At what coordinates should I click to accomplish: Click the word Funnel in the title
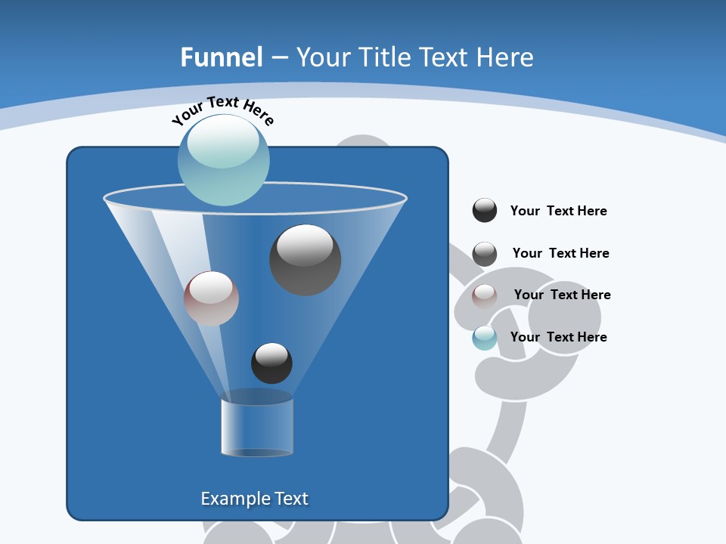[221, 57]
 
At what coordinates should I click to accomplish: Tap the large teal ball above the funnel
[223, 159]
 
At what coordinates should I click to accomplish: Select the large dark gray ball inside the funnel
[305, 259]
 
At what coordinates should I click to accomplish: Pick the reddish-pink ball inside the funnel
[211, 298]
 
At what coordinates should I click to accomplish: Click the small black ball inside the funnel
[271, 363]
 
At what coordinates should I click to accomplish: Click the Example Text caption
[254, 499]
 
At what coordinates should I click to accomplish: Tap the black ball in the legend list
[485, 211]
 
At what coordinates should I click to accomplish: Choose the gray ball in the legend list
[485, 253]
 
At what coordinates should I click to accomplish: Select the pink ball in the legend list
[485, 295]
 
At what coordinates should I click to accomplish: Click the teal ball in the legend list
[485, 338]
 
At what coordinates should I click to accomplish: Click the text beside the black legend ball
[558, 211]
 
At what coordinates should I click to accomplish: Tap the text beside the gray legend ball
[560, 253]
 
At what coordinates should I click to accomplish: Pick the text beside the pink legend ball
[562, 295]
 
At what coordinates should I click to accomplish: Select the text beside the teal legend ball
[558, 337]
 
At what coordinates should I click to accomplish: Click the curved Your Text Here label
[223, 109]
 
